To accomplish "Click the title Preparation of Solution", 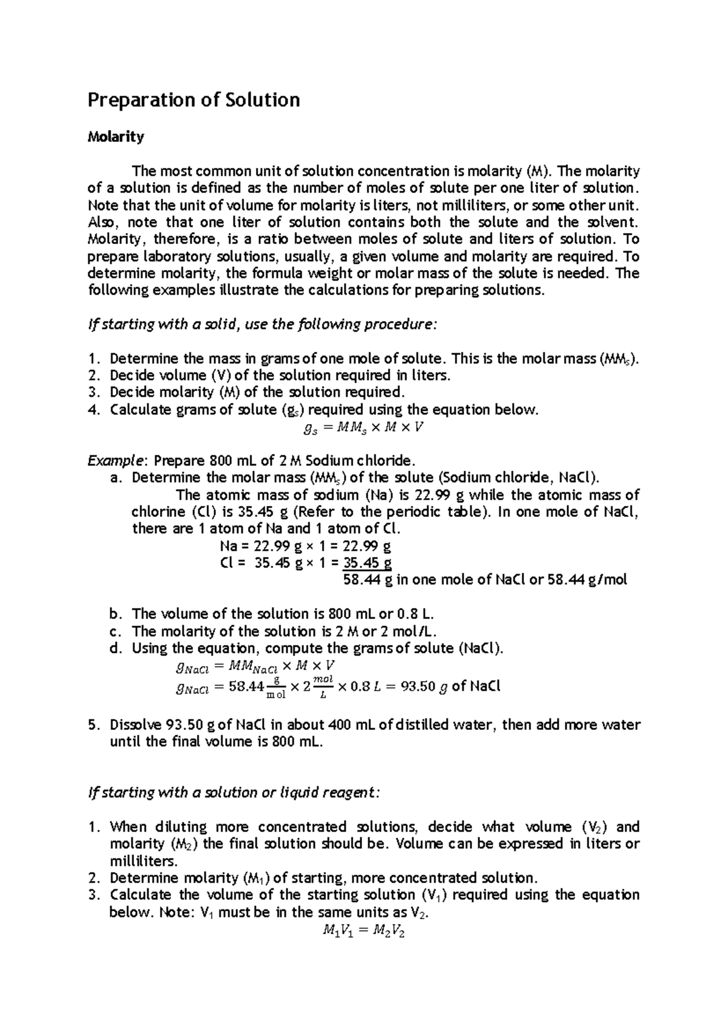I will click(194, 100).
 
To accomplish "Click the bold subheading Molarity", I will click(116, 137).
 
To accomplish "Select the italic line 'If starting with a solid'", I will click(261, 325).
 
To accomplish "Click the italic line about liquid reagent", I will click(234, 792).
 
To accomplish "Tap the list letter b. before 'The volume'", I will click(116, 613).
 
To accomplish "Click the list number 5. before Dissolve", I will click(93, 725).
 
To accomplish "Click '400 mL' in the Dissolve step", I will click(343, 725).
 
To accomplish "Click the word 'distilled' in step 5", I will click(423, 725).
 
